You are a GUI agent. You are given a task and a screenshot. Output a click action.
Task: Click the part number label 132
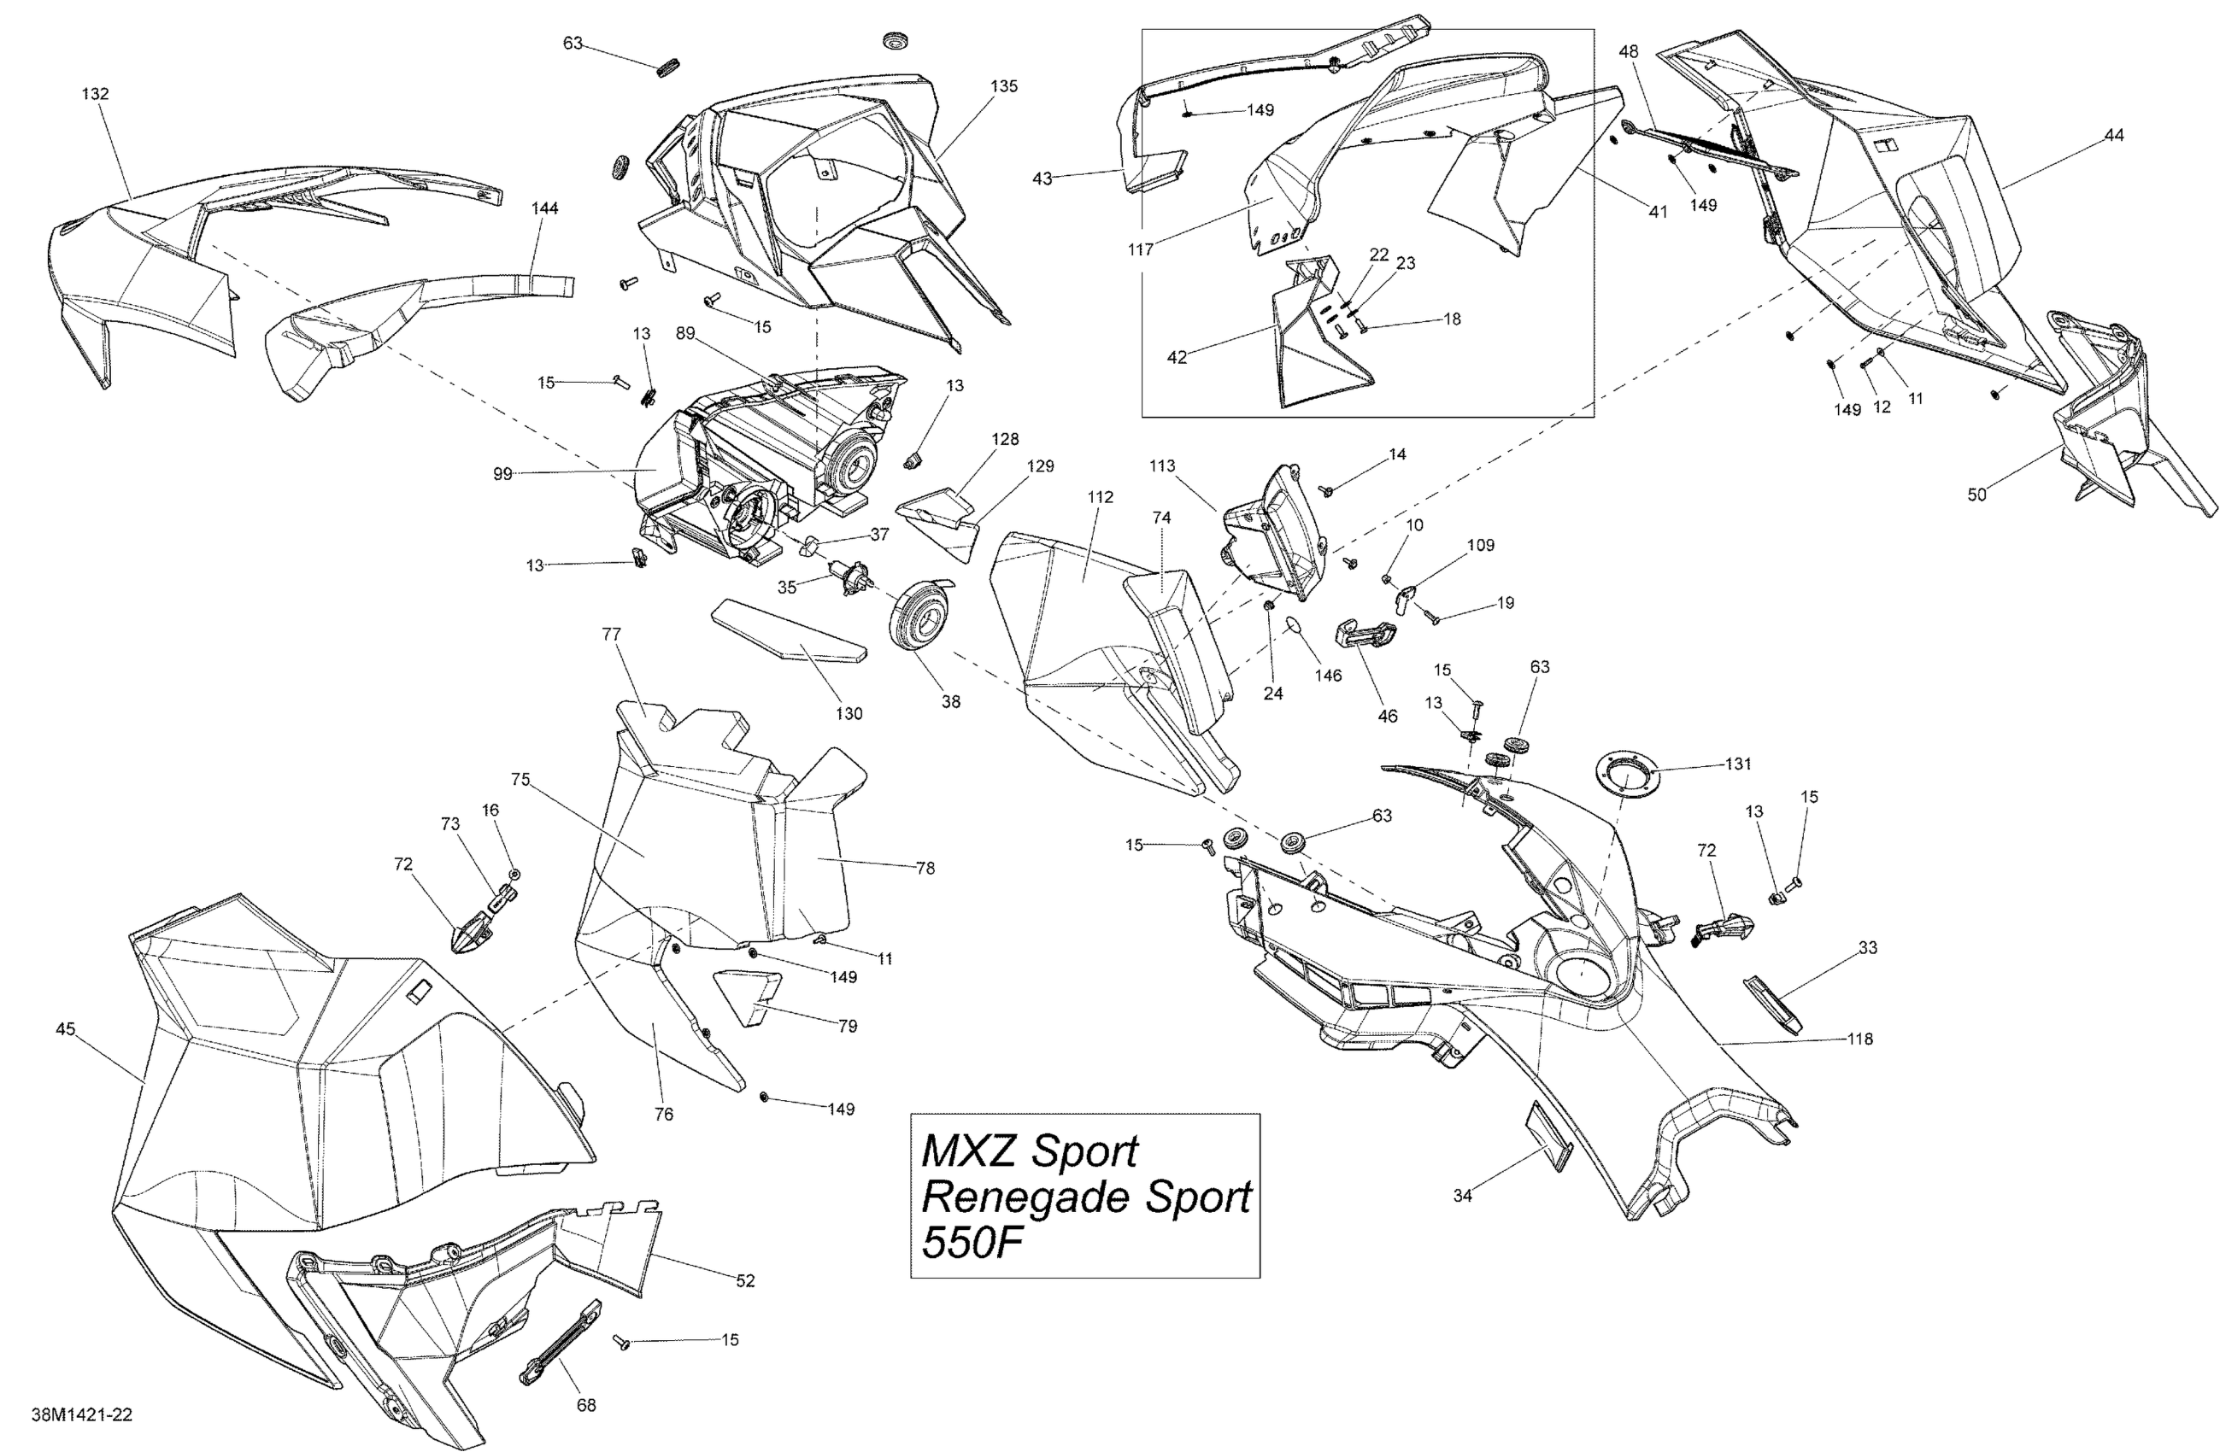click(95, 94)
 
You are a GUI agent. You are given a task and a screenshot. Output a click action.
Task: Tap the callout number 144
click(544, 209)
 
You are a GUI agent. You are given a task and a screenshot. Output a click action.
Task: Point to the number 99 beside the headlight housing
click(502, 474)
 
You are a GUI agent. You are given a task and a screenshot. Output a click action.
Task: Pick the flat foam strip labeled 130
click(789, 635)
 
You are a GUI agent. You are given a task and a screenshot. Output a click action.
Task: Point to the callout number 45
click(65, 1029)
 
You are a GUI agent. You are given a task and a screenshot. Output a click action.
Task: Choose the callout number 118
click(1860, 1039)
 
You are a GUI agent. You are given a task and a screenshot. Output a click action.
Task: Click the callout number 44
click(2114, 135)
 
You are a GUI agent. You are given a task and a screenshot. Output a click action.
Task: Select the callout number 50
click(1976, 495)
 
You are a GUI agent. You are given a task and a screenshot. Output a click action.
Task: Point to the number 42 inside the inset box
click(1178, 357)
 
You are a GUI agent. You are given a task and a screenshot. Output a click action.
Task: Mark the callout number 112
click(1101, 497)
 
